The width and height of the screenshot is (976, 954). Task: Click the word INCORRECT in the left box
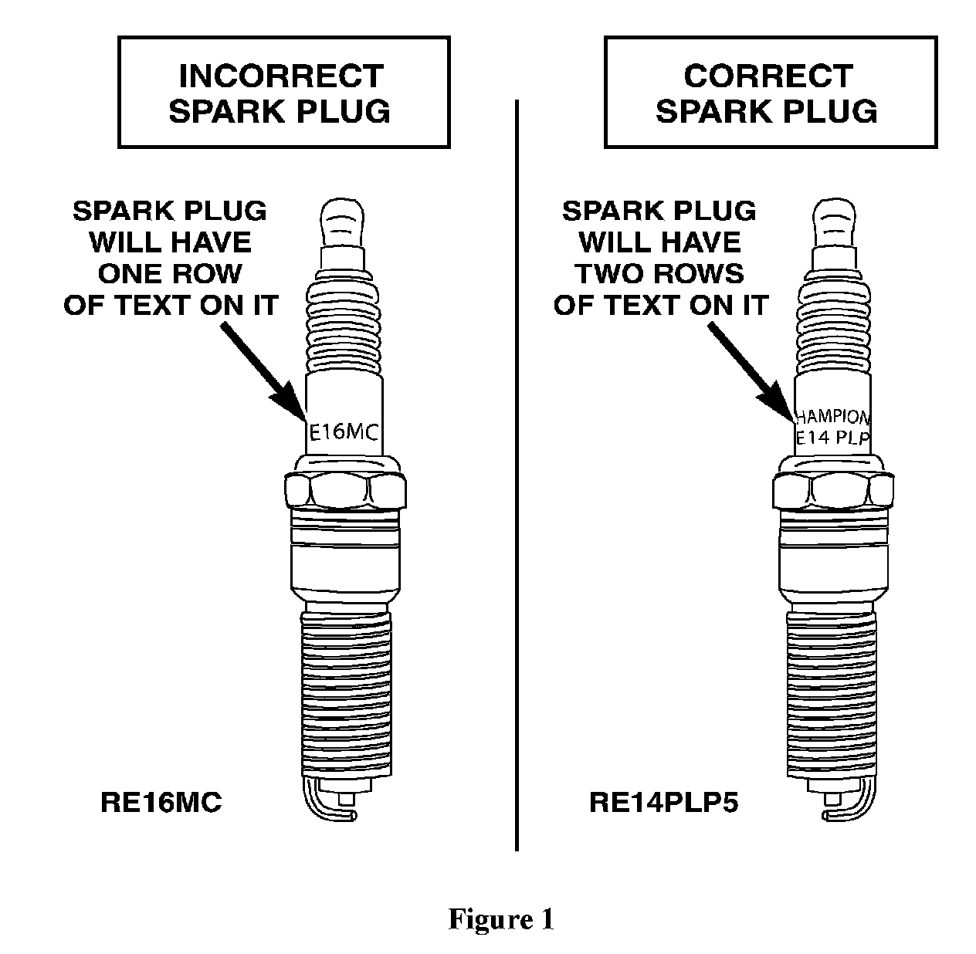point(281,76)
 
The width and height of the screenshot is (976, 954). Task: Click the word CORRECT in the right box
point(768,76)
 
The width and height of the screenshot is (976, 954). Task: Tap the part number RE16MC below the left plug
point(161,803)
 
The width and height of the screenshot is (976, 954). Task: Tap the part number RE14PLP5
point(663,803)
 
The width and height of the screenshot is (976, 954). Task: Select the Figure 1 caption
point(501,919)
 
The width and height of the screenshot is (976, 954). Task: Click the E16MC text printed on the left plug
point(344,432)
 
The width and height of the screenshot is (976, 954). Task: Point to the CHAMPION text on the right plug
point(832,418)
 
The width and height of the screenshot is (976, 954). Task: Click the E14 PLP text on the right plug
point(832,438)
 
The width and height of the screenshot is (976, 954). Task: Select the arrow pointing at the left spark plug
point(263,370)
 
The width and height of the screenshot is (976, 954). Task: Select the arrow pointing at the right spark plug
point(751,370)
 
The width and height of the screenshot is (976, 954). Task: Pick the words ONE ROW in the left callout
point(170,273)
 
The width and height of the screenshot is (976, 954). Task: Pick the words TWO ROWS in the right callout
point(660,273)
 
